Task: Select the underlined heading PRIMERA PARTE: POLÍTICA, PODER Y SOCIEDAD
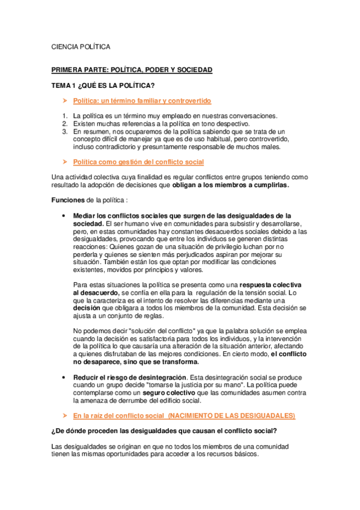point(132,70)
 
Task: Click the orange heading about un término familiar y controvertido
point(141,100)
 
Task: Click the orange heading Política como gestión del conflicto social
point(138,162)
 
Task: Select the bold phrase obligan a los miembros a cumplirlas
point(230,185)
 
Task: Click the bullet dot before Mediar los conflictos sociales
point(64,215)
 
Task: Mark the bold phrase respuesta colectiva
point(275,284)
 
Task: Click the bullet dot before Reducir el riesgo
point(64,378)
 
